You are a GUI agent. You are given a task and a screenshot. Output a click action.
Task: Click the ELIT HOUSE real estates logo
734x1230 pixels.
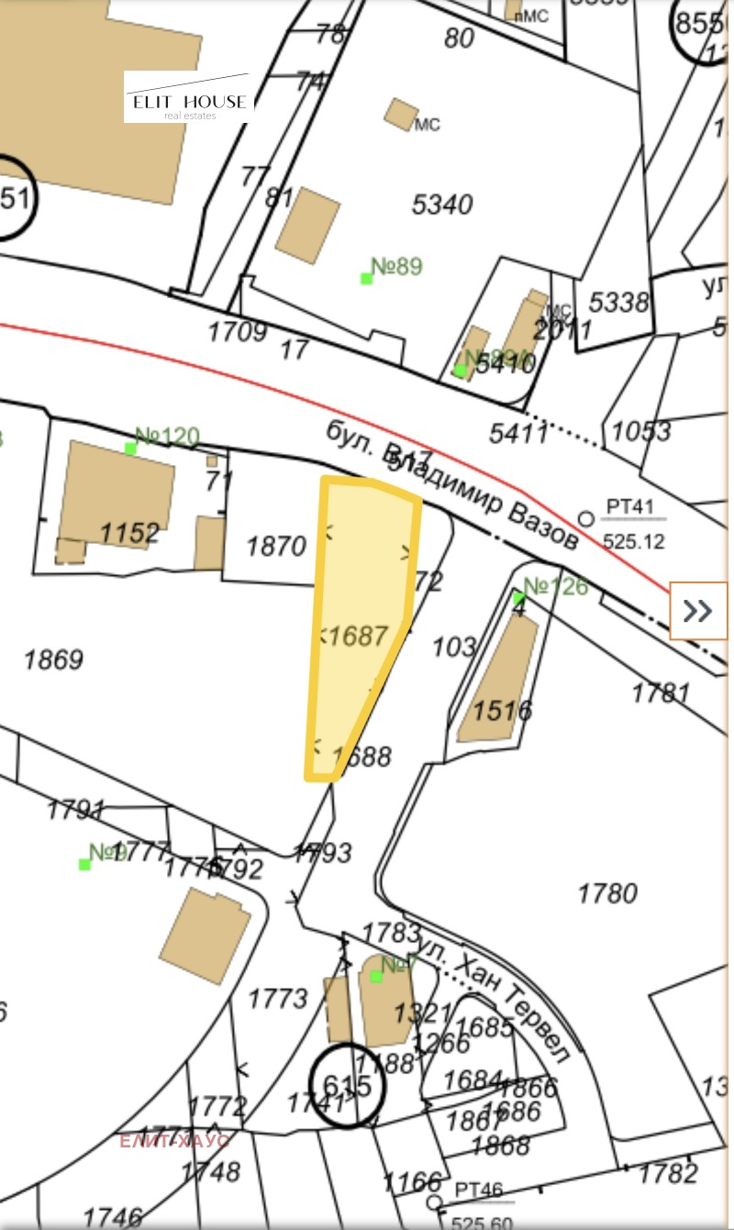pos(189,98)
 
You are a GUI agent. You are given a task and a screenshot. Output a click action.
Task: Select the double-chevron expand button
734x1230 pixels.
pos(698,610)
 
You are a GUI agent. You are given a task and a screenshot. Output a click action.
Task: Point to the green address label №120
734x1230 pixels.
pos(166,437)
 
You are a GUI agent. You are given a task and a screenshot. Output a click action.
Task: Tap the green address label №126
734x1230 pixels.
pos(555,586)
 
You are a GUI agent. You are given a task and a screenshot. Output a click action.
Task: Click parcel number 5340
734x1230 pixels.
pos(442,204)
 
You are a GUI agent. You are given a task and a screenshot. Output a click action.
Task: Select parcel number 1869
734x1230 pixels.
pos(53,659)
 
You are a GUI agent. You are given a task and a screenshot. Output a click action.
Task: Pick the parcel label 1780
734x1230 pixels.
pos(606,892)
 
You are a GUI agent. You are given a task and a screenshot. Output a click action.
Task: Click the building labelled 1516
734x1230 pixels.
pos(502,709)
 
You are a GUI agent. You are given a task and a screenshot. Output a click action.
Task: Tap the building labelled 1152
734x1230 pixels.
pos(129,532)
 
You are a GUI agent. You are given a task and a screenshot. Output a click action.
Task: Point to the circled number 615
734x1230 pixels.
pos(348,1086)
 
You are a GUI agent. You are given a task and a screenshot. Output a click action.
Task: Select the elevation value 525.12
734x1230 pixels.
pos(633,542)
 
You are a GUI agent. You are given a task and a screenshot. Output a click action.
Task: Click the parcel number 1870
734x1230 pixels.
pos(276,547)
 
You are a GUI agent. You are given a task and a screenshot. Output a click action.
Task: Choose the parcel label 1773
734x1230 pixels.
pos(278,997)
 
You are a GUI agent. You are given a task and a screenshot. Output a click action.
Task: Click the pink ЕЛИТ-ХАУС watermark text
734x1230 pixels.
pos(174,1141)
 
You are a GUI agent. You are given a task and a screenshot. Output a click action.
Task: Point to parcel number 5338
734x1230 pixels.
pos(618,301)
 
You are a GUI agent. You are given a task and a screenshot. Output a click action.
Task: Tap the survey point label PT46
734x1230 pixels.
pos(479,1191)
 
